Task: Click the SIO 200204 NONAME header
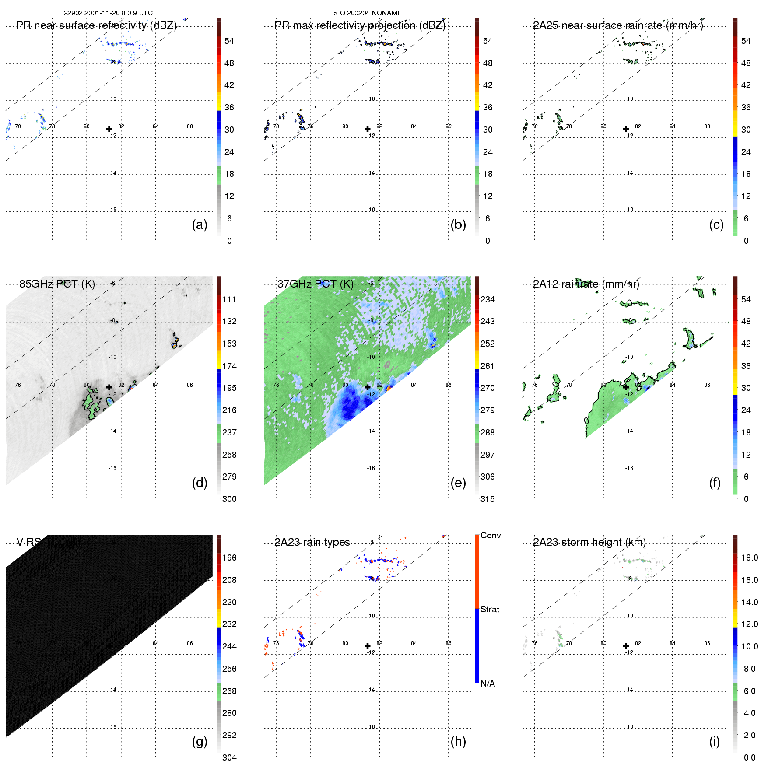367,13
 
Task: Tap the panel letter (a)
200,224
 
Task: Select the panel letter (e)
458,483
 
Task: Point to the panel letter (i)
714,741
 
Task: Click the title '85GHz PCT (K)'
57,284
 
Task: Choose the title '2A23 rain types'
312,542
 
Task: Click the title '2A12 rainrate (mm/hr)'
586,284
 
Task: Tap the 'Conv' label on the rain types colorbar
491,535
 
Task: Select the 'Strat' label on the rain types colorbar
490,609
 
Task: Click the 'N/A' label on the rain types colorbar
487,684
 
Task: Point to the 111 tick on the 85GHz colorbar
229,299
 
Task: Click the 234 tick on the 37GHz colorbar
487,299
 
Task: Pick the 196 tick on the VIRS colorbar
229,558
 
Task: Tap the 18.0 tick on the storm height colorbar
750,558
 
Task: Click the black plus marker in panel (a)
109,129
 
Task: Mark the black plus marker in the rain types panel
368,645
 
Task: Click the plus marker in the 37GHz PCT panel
368,387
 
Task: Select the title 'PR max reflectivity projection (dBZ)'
360,25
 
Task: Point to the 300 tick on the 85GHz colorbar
229,499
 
